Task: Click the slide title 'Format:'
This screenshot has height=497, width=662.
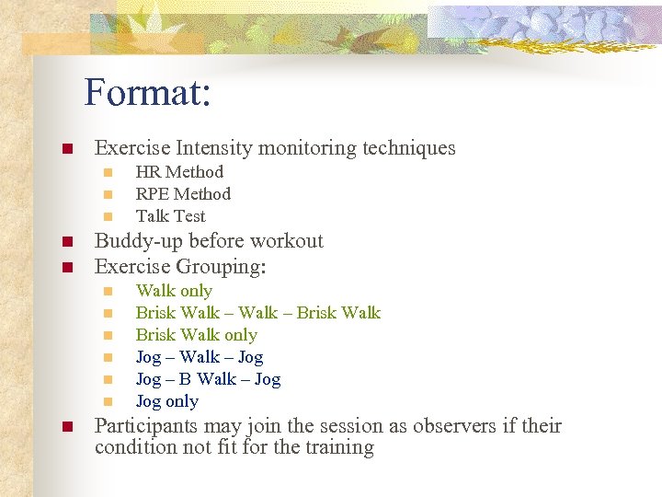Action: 148,92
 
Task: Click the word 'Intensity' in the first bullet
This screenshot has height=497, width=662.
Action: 215,147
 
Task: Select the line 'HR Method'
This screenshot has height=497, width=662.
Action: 179,172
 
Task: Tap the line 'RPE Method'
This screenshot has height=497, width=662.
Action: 183,194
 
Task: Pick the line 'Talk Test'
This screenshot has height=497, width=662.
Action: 170,216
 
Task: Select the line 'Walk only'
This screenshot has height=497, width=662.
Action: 174,291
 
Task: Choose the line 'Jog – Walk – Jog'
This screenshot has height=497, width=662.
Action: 199,357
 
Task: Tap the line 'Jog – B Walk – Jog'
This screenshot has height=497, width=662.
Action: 208,379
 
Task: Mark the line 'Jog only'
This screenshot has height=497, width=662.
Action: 166,401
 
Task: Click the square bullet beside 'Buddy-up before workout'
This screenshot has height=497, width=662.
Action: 66,242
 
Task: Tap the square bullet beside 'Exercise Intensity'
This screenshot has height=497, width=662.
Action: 66,148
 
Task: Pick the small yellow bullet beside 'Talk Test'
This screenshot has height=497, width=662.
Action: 108,217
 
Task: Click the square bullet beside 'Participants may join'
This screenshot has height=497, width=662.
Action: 66,427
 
